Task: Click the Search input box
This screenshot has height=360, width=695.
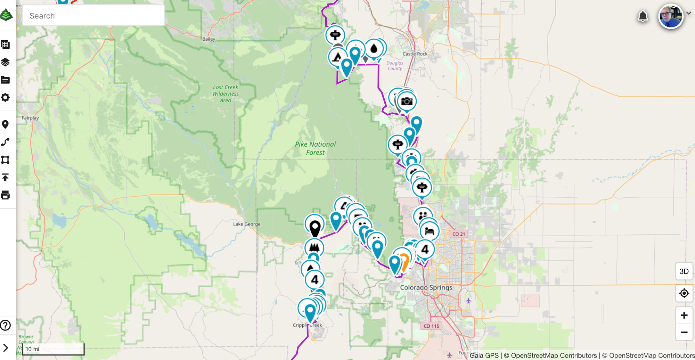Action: pyautogui.click(x=93, y=16)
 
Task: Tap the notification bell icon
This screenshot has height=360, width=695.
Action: pyautogui.click(x=643, y=16)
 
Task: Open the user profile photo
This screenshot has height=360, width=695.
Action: pyautogui.click(x=671, y=16)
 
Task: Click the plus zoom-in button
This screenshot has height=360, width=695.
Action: pyautogui.click(x=684, y=315)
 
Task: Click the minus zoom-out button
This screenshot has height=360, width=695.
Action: pyautogui.click(x=684, y=333)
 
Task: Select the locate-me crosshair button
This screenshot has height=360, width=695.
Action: pyautogui.click(x=684, y=293)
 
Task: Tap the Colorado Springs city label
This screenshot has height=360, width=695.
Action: pyautogui.click(x=426, y=288)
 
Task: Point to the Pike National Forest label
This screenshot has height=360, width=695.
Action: pyautogui.click(x=315, y=148)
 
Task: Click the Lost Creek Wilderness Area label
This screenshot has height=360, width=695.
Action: pyautogui.click(x=226, y=94)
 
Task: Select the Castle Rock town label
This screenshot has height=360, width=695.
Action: pyautogui.click(x=415, y=54)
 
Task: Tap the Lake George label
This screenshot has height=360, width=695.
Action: pyautogui.click(x=247, y=224)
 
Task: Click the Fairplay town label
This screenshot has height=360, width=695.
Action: pyautogui.click(x=30, y=118)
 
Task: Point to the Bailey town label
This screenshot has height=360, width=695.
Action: pyautogui.click(x=208, y=39)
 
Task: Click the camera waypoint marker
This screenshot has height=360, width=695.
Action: pyautogui.click(x=407, y=101)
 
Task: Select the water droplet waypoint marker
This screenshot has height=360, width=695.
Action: pyautogui.click(x=374, y=49)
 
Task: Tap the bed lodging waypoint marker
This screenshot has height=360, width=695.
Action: pyautogui.click(x=430, y=231)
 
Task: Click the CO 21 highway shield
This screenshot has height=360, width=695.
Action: pyautogui.click(x=459, y=234)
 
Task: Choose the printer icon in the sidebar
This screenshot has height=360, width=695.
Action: pyautogui.click(x=5, y=195)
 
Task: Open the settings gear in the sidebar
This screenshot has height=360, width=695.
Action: pyautogui.click(x=5, y=98)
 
